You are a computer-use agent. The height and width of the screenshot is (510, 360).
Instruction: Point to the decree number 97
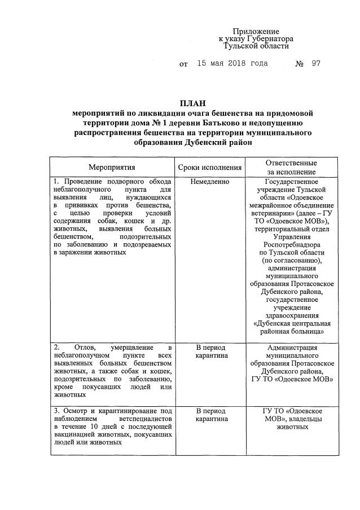[x=315, y=63]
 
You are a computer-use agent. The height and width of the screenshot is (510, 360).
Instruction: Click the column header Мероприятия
[x=112, y=168]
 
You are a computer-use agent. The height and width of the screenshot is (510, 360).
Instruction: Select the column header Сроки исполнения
[x=210, y=168]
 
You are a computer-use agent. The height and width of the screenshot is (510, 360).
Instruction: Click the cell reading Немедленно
[x=210, y=182]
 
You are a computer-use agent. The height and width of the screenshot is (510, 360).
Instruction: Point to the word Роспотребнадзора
[x=292, y=245]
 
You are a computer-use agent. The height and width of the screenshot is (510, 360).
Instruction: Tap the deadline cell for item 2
[x=210, y=351]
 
